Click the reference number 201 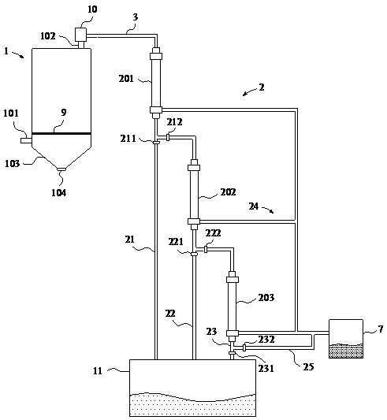[126, 79]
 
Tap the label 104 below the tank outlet [58, 192]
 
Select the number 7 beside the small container [381, 329]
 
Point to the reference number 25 [308, 366]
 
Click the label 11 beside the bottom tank [98, 370]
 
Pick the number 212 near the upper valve [174, 122]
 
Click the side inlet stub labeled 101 [26, 140]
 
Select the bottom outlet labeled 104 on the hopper [61, 169]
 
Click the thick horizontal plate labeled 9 [61, 133]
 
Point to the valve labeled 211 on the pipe [156, 143]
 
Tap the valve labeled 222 [206, 249]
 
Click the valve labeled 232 [244, 348]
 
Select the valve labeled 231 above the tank [233, 354]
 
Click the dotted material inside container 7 [346, 351]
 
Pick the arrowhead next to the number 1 [22, 56]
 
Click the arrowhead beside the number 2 [245, 94]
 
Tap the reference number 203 [266, 298]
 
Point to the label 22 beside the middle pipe [170, 313]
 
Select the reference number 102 [48, 36]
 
